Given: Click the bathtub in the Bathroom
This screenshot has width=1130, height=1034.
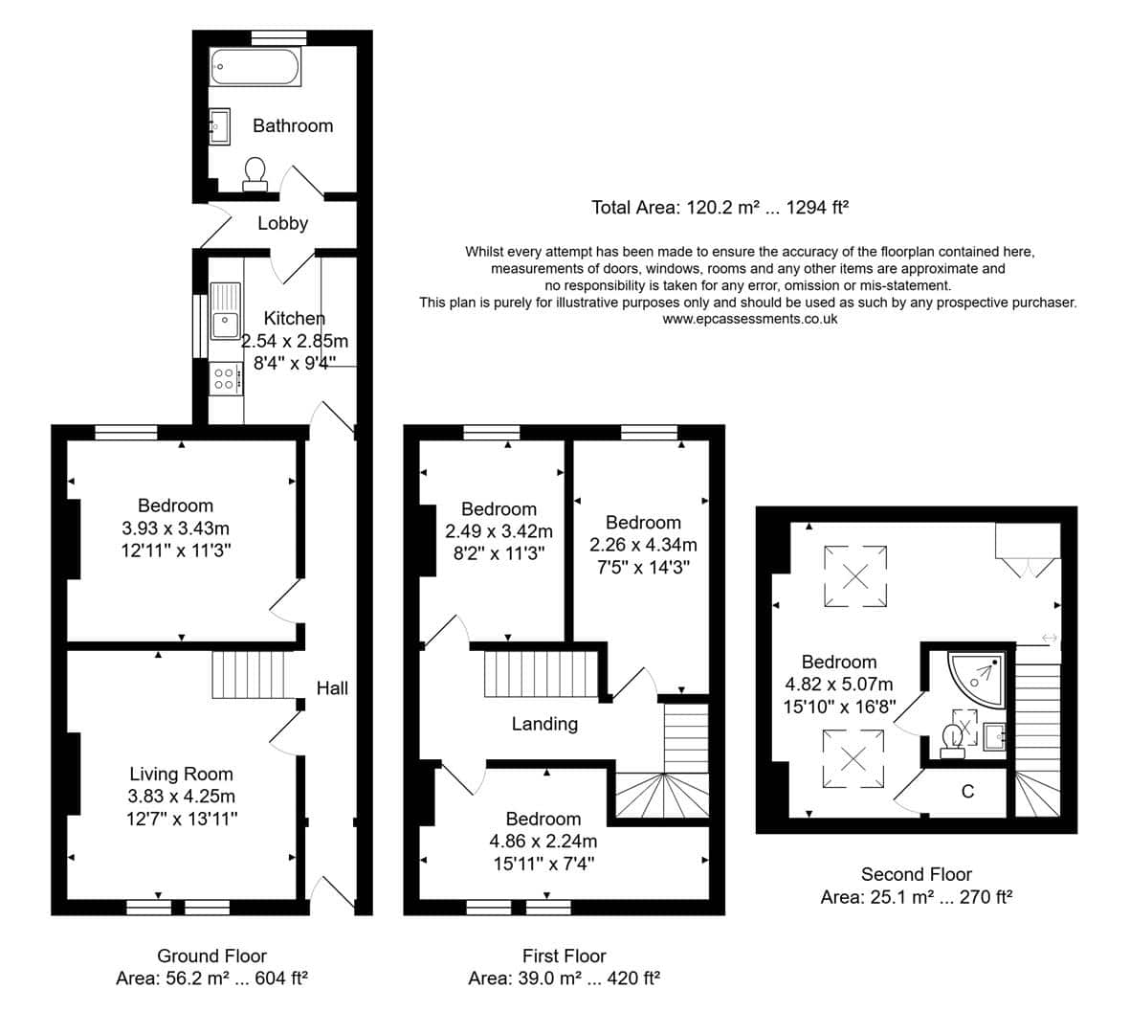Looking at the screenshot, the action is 255,67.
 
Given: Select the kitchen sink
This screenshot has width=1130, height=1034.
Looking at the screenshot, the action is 226,310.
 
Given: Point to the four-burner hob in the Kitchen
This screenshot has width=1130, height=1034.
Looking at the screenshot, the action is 226,378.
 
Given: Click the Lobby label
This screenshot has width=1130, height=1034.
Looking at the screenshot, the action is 282,223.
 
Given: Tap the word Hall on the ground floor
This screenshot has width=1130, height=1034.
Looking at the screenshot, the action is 332,688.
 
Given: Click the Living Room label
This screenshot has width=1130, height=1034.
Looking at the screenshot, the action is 182,775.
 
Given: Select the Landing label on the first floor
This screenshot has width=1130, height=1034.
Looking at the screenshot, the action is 544,724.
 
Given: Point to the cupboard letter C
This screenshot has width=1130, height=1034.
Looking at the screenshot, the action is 968,792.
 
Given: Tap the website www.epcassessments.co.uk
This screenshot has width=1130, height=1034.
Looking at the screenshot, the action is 749,319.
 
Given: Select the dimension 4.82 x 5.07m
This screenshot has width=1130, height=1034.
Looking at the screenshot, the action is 839,685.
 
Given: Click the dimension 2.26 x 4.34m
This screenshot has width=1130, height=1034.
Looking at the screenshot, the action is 643,545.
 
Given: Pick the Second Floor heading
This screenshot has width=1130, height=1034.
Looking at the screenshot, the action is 917,875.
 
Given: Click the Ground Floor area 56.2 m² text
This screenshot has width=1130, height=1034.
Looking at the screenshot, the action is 188,978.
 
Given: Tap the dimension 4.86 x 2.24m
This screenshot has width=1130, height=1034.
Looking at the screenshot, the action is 543,842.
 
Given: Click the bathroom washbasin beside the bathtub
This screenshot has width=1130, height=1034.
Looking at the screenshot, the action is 219,127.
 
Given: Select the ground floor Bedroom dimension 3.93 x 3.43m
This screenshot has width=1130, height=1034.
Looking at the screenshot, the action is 176,528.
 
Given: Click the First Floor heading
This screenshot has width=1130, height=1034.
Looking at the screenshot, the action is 565,956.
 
